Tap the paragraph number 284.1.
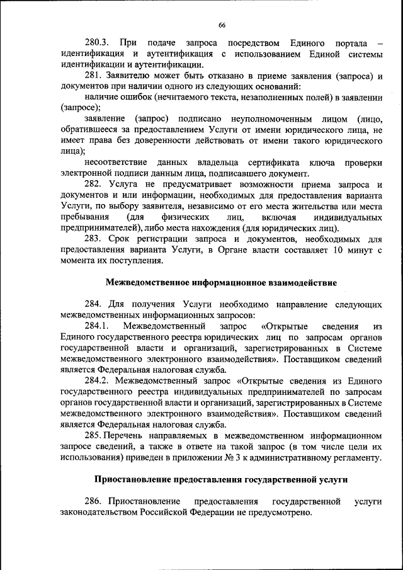97,326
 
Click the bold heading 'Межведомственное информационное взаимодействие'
221,282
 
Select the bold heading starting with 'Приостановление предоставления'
221,479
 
